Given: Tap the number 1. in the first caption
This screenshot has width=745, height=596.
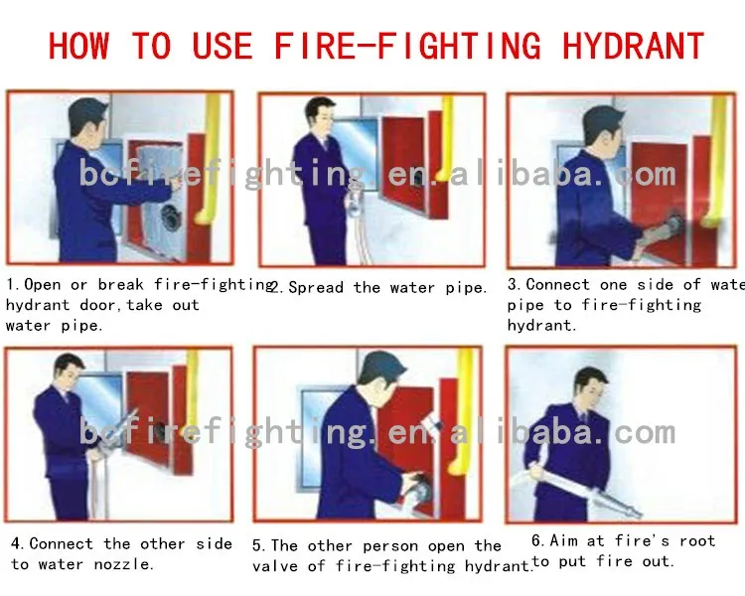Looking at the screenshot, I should coord(14,285).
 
